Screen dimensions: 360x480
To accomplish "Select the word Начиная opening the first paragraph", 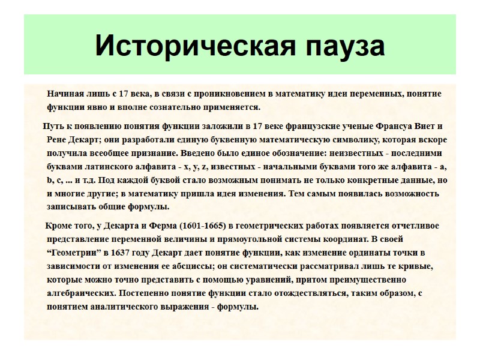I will tap(66, 94).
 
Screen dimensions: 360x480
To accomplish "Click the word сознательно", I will tap(172, 107).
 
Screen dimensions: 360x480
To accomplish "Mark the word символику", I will tap(334, 139).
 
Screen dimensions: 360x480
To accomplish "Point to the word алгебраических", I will tap(81, 293).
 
